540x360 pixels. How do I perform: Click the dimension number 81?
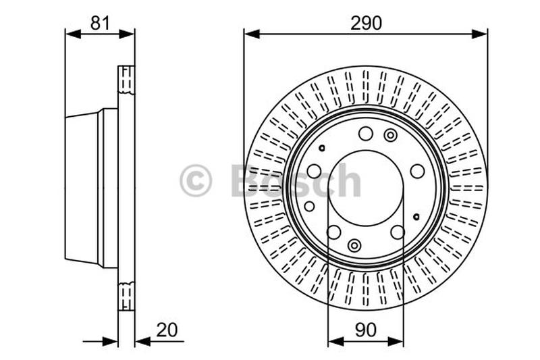pos(100,23)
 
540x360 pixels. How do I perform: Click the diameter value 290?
pos(366,23)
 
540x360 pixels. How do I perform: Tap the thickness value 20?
pos(167,330)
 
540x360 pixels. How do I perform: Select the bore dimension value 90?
pos(365,330)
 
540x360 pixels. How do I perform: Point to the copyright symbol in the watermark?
pos(196,180)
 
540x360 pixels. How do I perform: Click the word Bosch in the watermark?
pos(296,180)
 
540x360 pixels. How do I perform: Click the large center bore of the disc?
pos(366,188)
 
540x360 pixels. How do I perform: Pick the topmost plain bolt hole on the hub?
pos(365,134)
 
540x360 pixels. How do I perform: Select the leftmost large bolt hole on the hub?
pos(314,171)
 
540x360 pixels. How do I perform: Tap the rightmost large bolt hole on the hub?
pos(417,171)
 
